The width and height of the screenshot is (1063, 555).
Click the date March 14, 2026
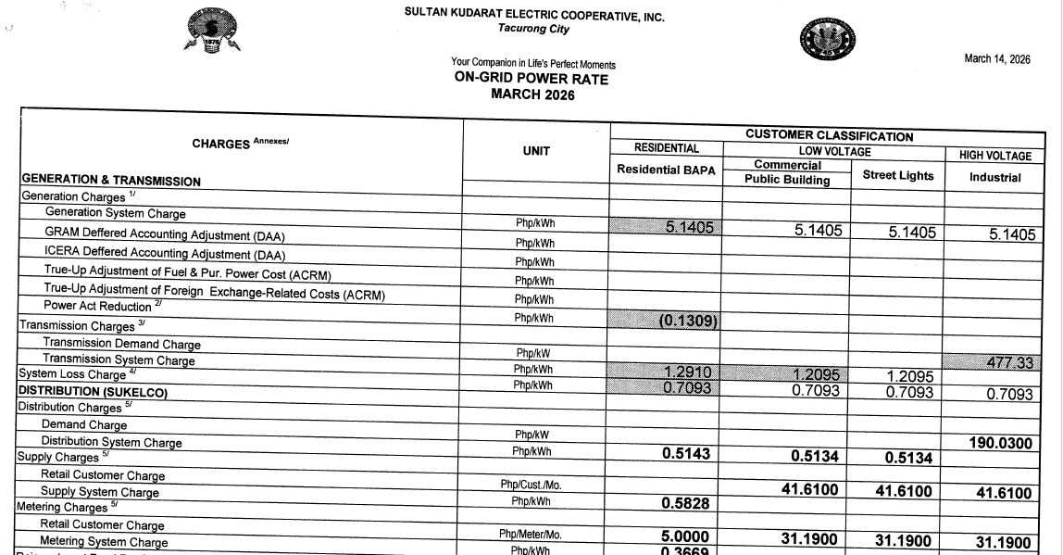tap(996, 59)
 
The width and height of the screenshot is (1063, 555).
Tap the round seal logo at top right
tap(827, 40)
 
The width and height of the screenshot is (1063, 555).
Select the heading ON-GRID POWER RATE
tap(531, 79)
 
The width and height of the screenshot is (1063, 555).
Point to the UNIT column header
tap(535, 151)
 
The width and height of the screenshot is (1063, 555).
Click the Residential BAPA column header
tap(666, 170)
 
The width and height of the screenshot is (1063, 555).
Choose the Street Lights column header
tap(897, 175)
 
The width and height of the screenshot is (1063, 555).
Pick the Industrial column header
tap(994, 177)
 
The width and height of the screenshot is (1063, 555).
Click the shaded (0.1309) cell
tap(689, 322)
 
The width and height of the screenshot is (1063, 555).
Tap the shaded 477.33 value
tap(1008, 363)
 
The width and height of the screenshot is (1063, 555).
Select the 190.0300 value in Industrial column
tap(999, 444)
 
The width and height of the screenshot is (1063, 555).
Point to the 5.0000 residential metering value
tap(686, 536)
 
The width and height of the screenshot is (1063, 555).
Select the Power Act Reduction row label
tap(99, 306)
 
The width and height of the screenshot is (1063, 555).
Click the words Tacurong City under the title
tap(534, 30)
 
